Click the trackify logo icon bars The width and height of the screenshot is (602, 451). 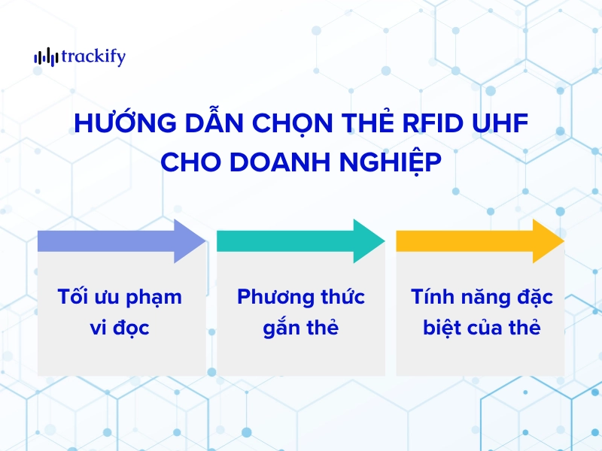[x=44, y=57]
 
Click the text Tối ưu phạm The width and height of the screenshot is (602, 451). [x=120, y=297]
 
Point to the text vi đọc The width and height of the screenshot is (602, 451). [x=120, y=328]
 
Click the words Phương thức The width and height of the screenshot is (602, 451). [x=301, y=297]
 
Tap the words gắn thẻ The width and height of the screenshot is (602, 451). [x=301, y=328]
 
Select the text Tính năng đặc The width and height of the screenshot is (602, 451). [x=482, y=297]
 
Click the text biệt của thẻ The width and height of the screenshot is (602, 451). [x=482, y=328]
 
